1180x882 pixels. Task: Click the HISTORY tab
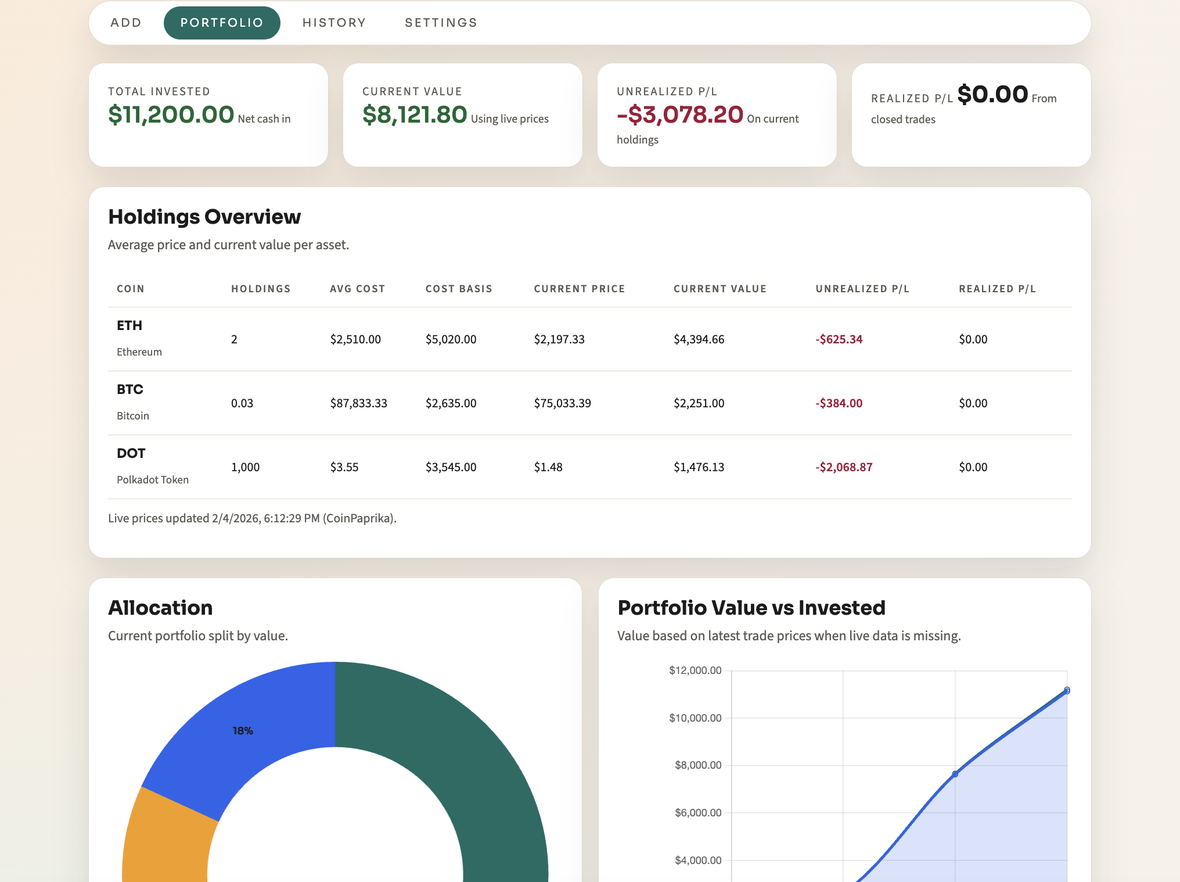click(334, 23)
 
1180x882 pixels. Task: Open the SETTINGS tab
click(441, 23)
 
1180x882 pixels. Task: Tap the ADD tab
click(126, 23)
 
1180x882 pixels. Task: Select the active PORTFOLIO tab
click(222, 23)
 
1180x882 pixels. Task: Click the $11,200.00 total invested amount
click(171, 114)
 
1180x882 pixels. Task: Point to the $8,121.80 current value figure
click(415, 114)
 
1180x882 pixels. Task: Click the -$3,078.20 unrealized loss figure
click(679, 114)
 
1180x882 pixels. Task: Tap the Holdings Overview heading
click(204, 217)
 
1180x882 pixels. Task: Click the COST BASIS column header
click(459, 289)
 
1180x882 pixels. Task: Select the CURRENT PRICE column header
click(579, 289)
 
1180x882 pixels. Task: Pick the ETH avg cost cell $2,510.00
click(355, 339)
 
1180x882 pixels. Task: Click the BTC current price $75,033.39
click(562, 403)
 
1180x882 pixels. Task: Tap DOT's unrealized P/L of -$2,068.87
click(844, 467)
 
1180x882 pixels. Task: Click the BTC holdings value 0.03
click(242, 403)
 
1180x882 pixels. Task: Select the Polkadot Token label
click(153, 480)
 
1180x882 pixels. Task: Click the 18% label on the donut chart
click(243, 731)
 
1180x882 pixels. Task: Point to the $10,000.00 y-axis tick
click(695, 718)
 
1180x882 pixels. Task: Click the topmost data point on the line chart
click(1067, 690)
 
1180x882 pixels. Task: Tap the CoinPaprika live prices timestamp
click(252, 518)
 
